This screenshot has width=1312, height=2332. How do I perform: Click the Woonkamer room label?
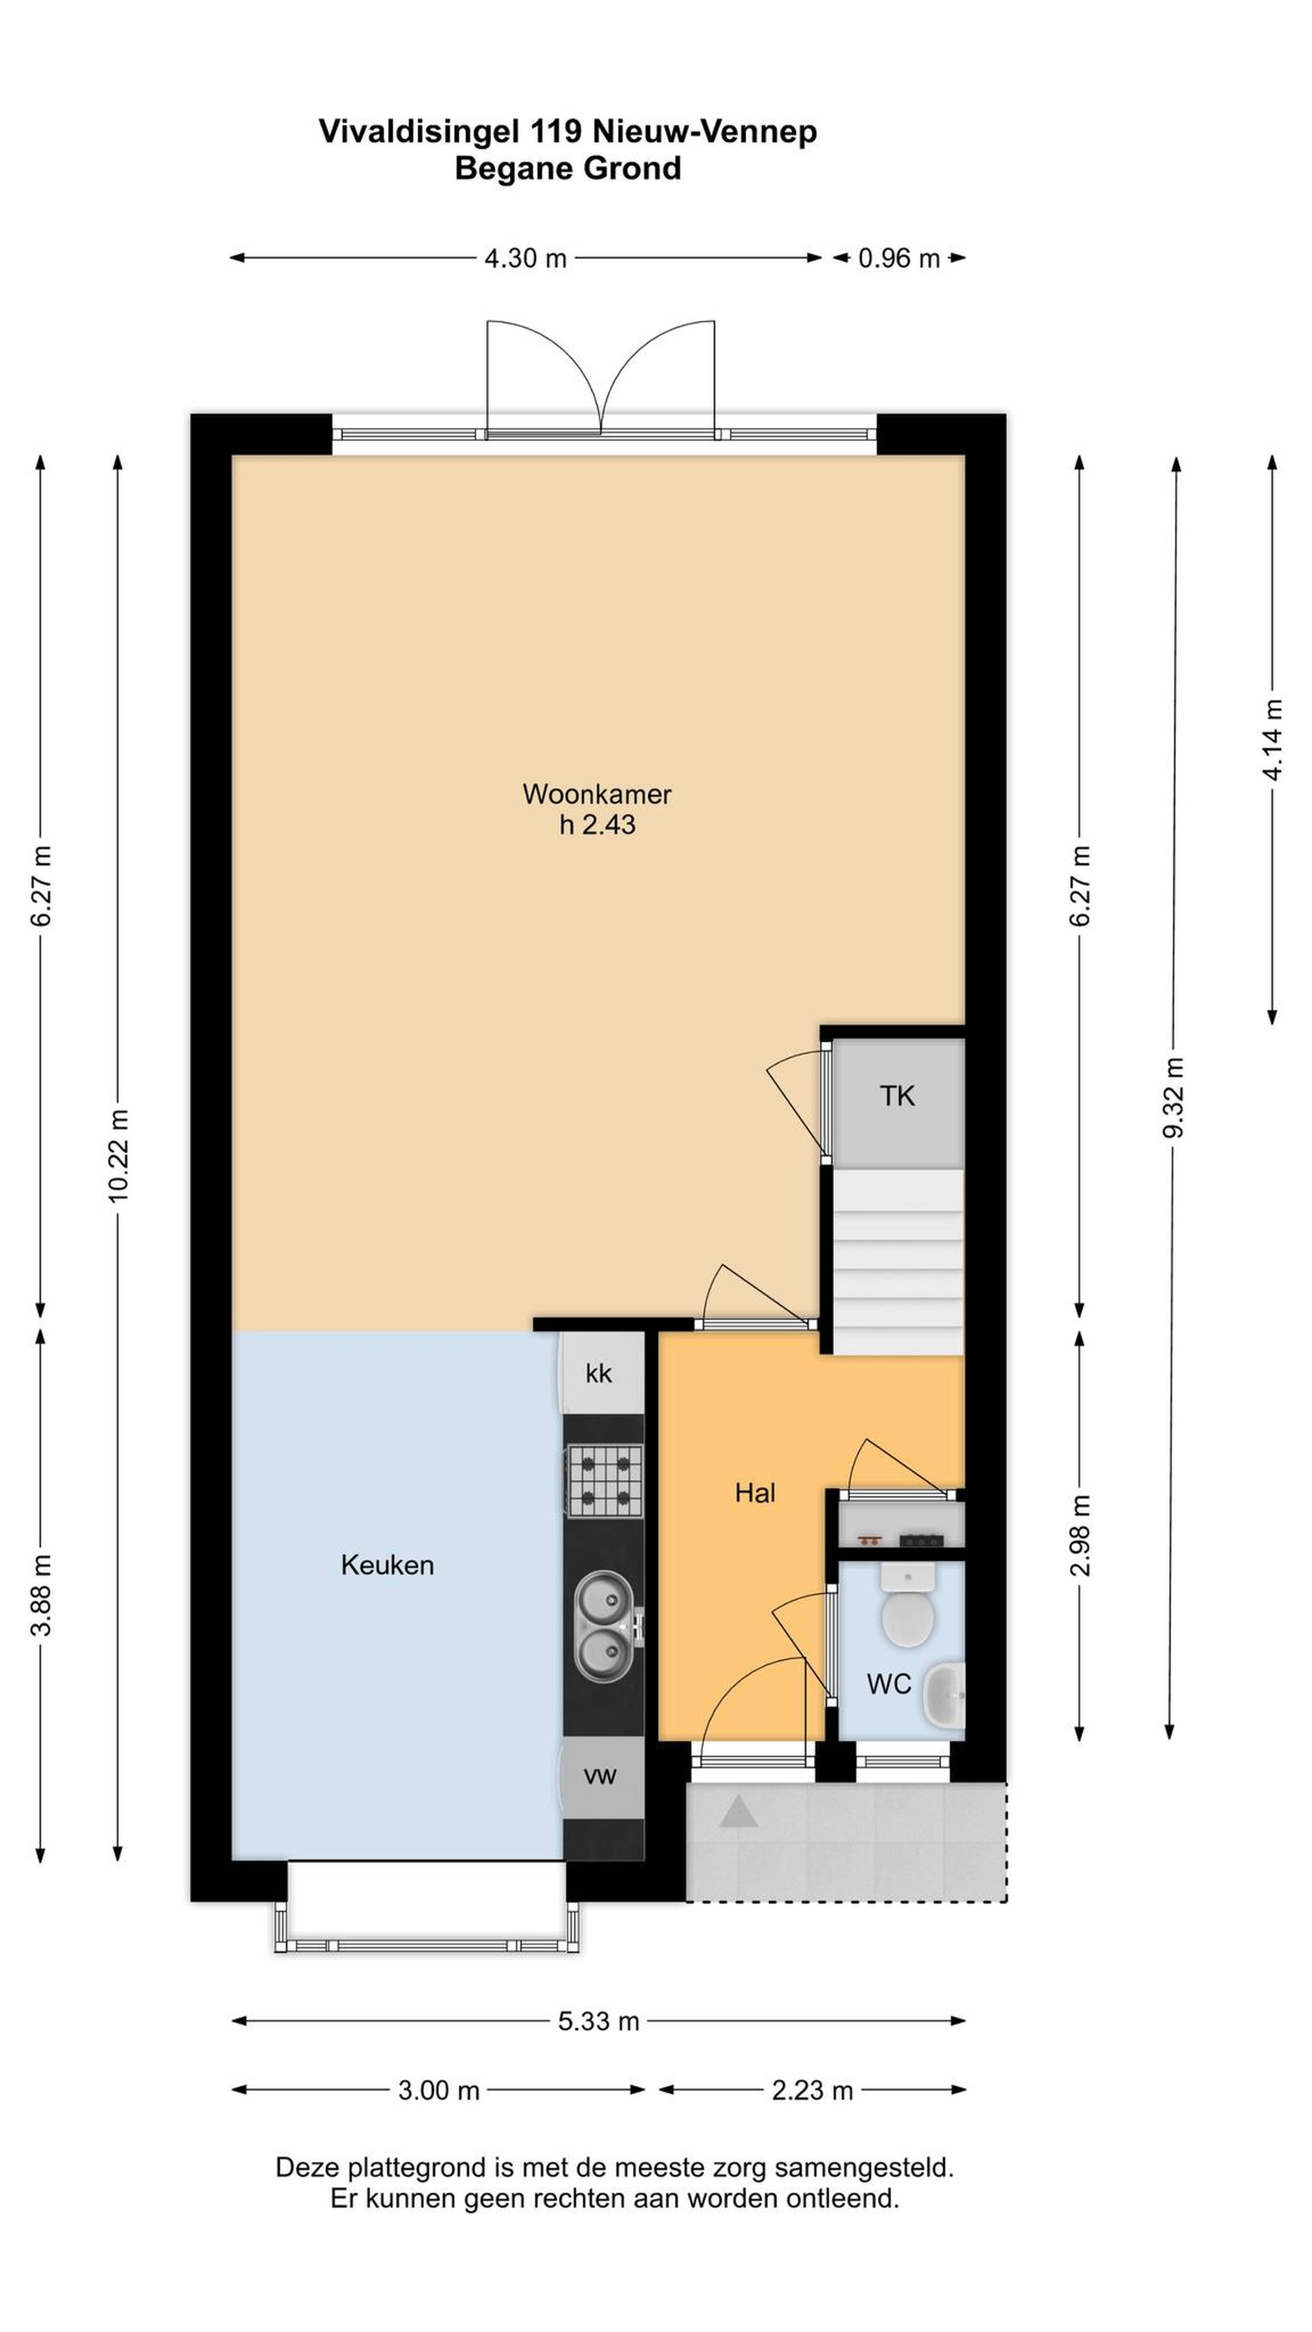(597, 794)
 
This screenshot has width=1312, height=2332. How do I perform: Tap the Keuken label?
(387, 1565)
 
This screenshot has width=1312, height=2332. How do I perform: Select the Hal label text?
(755, 1493)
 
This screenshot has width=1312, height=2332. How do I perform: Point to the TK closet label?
(897, 1096)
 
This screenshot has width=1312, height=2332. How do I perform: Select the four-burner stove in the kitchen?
(605, 1481)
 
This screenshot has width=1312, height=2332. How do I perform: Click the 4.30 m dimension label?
(525, 259)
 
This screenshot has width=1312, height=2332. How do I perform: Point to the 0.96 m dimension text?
(898, 259)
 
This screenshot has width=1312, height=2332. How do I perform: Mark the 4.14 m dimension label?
(1273, 740)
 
